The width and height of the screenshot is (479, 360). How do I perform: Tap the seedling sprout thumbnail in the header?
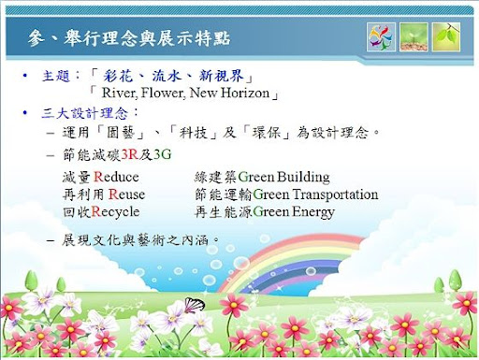pyautogui.click(x=414, y=37)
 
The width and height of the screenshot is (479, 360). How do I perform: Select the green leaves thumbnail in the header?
pyautogui.click(x=446, y=37)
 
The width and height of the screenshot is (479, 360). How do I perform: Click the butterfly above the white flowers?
pyautogui.click(x=194, y=302)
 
